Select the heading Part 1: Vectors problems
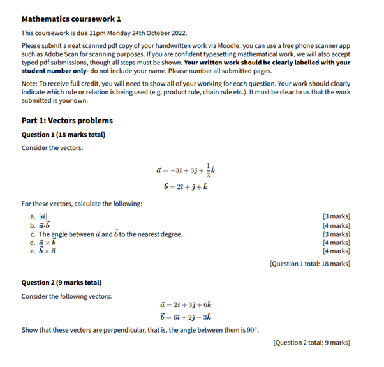pos(67,120)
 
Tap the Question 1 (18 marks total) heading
pos(63,135)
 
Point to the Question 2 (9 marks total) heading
pos(61,282)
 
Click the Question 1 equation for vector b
pos(186,186)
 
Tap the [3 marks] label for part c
pos(336,234)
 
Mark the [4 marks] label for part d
pos(336,243)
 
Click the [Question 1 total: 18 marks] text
pos(309,263)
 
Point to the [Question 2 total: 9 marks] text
pos(311,343)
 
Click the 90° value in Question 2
pos(253,329)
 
